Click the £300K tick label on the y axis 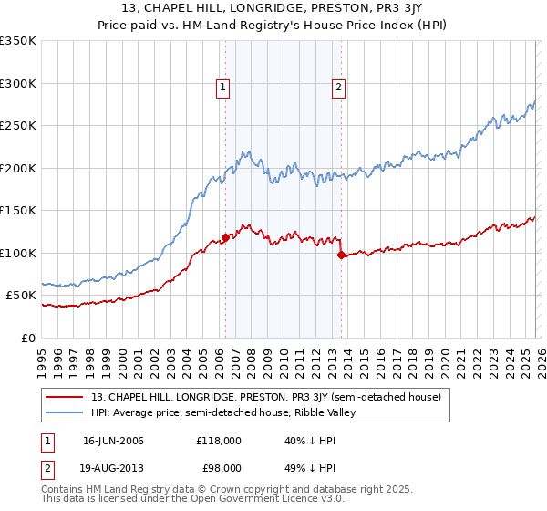click(x=18, y=83)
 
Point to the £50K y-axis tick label click(x=21, y=296)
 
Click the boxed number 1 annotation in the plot click(x=224, y=88)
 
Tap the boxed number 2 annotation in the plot click(x=338, y=88)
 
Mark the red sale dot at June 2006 click(x=225, y=238)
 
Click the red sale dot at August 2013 click(x=341, y=255)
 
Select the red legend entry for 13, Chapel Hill click(x=265, y=397)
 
